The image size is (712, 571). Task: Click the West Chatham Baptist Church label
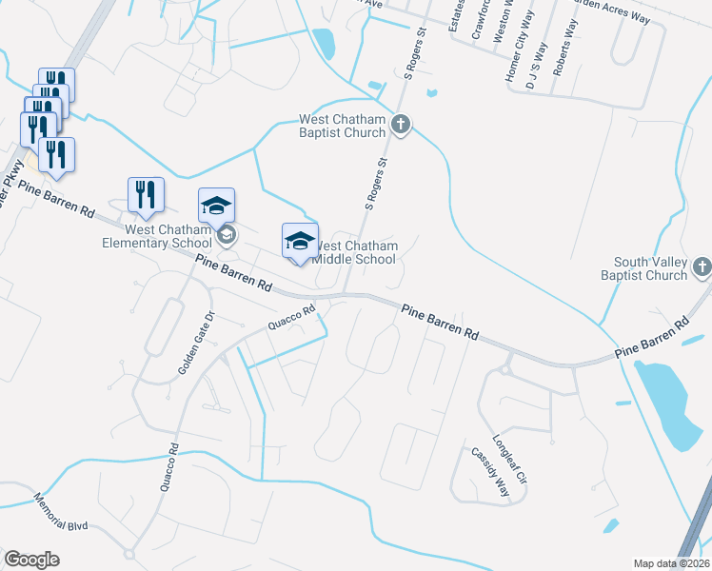pyautogui.click(x=343, y=126)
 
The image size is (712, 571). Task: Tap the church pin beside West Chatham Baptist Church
pyautogui.click(x=401, y=123)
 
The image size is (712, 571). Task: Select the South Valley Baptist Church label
pyautogui.click(x=651, y=268)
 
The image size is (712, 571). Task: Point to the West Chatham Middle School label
pyautogui.click(x=355, y=252)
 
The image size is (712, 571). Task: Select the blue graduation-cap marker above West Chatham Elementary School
pyautogui.click(x=216, y=205)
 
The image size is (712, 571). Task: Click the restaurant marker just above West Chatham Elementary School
pyautogui.click(x=146, y=194)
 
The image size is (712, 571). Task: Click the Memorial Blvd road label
pyautogui.click(x=60, y=512)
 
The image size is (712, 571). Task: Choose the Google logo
pyautogui.click(x=32, y=559)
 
